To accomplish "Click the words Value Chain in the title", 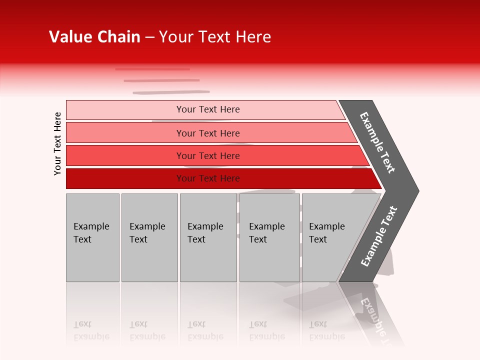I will point(94,37).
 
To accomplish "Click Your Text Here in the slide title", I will point(215,37).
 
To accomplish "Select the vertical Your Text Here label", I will point(57,143).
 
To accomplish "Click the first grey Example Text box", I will point(92,237).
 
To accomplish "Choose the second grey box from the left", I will point(149,237).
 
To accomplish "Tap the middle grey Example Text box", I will point(208,237).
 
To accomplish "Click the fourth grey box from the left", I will point(269,237).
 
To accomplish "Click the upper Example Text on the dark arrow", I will point(377,142).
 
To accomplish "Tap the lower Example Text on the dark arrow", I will point(379,236).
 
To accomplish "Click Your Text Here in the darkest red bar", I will point(208,178).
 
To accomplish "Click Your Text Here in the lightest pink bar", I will point(208,109).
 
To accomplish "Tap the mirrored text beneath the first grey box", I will point(91,330).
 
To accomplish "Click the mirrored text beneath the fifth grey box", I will point(326,330).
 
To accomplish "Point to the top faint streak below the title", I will point(152,69).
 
